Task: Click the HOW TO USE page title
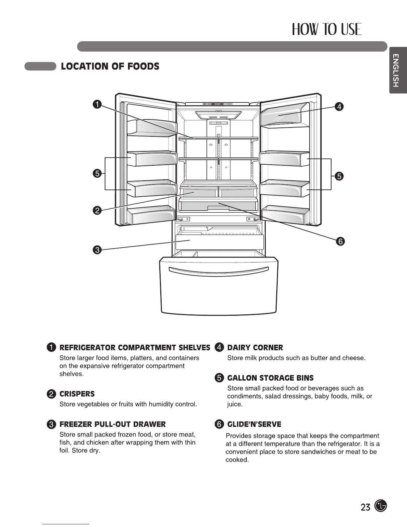326,30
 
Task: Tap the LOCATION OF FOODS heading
110,66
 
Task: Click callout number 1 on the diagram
96,104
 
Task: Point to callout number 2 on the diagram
97,210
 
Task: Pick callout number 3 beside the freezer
97,250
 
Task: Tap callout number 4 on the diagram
339,106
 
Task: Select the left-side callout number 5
97,173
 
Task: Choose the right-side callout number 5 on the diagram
339,176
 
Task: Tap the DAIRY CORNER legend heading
255,348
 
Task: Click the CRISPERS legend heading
77,394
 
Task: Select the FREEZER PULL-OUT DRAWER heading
112,424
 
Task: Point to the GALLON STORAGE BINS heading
270,378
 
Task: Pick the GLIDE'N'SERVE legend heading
254,424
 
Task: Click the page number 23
365,507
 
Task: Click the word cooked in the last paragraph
237,460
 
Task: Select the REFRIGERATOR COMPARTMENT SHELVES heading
135,348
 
